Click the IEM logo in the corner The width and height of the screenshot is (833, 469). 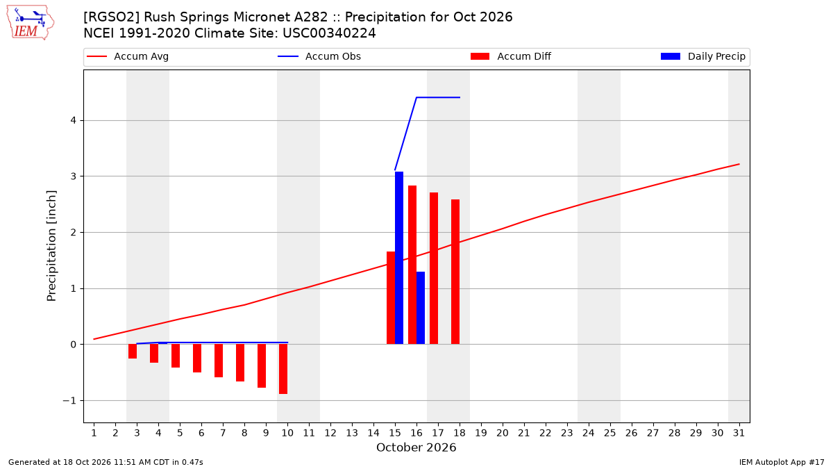point(31,23)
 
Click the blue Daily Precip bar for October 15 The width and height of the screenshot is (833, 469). point(399,258)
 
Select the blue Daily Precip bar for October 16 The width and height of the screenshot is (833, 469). point(421,308)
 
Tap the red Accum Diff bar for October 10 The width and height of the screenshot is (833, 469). point(283,369)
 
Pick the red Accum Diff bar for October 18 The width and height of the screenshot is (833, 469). point(455,272)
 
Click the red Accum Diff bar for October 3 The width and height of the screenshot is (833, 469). point(133,352)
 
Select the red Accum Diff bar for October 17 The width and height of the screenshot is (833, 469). point(434,268)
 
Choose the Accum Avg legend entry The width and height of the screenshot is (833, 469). point(128,56)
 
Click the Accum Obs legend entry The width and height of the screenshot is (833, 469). point(319,56)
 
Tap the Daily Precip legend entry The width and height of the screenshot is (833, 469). point(702,56)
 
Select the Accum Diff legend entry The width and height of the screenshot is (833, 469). point(511,56)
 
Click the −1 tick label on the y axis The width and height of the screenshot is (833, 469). point(69,400)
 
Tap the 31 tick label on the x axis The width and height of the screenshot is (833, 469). point(739,433)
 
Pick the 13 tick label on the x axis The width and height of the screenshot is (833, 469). point(352,433)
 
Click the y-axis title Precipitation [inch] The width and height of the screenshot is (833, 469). point(51,246)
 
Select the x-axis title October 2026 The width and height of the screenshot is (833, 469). point(416,447)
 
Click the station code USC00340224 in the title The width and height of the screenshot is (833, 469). point(329,33)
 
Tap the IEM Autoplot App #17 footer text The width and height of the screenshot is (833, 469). point(782,462)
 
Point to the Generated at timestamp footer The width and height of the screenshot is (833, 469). point(106,462)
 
